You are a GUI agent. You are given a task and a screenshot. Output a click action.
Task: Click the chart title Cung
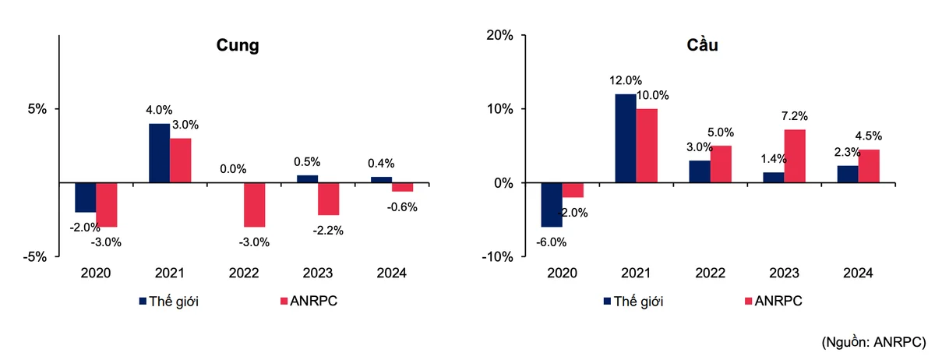click(x=238, y=45)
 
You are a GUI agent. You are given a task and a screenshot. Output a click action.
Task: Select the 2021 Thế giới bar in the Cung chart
click(x=160, y=153)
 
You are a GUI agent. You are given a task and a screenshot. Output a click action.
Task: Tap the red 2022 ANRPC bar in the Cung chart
click(x=255, y=205)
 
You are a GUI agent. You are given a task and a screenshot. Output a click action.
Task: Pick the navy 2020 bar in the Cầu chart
click(x=552, y=205)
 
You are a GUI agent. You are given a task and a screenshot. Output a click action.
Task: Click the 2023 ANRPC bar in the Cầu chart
click(x=795, y=156)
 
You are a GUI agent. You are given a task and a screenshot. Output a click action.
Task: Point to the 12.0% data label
click(x=625, y=80)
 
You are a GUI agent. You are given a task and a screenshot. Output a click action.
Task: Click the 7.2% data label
click(x=795, y=115)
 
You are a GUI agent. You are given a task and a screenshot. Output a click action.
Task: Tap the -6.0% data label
click(x=551, y=242)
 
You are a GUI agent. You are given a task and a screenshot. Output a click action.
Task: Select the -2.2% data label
click(x=328, y=231)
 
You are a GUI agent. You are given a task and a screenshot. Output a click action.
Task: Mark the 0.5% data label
click(x=307, y=161)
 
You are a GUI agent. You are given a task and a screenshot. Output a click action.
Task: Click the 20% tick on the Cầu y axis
click(x=499, y=35)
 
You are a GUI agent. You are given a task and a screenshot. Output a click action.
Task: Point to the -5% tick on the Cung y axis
click(x=35, y=256)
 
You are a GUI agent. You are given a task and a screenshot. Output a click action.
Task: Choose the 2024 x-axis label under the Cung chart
click(x=391, y=274)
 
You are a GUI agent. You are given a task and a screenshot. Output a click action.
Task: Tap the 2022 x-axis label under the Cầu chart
click(x=710, y=274)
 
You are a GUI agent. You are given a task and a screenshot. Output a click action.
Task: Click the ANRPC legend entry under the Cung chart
click(x=309, y=301)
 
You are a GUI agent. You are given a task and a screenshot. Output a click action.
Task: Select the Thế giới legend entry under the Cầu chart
click(x=633, y=302)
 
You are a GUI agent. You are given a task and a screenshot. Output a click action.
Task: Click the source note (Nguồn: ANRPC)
click(x=873, y=342)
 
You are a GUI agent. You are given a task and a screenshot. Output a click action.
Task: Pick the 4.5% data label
click(x=869, y=136)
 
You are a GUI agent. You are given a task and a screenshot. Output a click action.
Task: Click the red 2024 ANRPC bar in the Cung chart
click(x=402, y=187)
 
